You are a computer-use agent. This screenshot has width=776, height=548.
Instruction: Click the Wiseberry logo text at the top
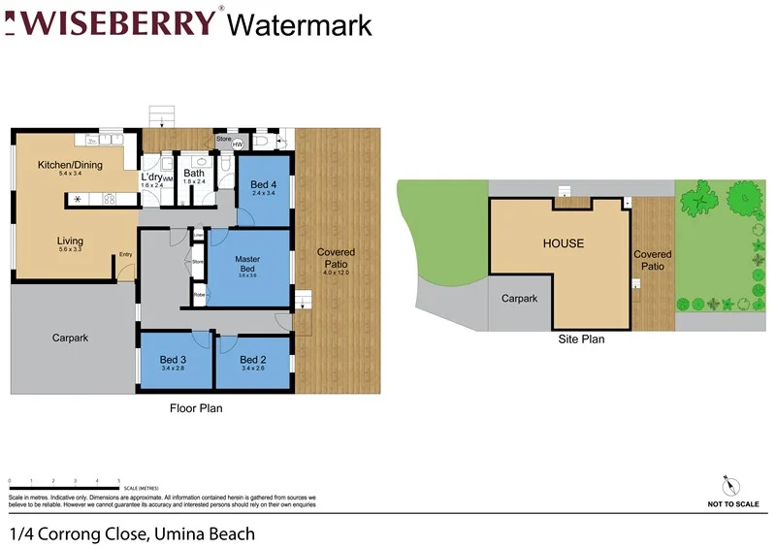tap(114, 22)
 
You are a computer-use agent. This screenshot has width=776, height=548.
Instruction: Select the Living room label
tap(70, 241)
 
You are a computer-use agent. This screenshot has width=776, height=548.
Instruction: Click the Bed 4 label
tap(264, 184)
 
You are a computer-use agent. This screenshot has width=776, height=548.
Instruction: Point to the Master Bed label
tap(247, 264)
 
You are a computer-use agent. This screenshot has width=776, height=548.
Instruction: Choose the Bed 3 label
tap(173, 360)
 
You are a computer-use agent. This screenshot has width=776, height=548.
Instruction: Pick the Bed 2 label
tap(252, 360)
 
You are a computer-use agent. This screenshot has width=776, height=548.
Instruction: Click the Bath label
tap(194, 174)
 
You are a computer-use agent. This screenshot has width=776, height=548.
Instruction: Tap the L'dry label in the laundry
tap(151, 177)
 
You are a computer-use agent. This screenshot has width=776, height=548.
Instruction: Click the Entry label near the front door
tap(125, 255)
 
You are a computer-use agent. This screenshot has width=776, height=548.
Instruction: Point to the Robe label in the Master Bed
tap(198, 294)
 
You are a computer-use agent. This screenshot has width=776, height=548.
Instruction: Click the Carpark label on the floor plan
tap(70, 338)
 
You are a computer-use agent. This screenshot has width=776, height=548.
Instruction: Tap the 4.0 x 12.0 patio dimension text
tap(336, 274)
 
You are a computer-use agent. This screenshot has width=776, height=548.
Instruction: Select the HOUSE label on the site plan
tap(563, 243)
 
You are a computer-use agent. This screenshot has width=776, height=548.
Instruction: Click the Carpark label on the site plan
tap(519, 299)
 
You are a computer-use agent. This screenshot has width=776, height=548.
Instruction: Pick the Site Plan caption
tap(581, 339)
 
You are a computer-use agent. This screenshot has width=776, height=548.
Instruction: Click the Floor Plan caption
tap(197, 408)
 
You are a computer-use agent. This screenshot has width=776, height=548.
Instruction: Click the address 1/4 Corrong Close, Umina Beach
tap(133, 533)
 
